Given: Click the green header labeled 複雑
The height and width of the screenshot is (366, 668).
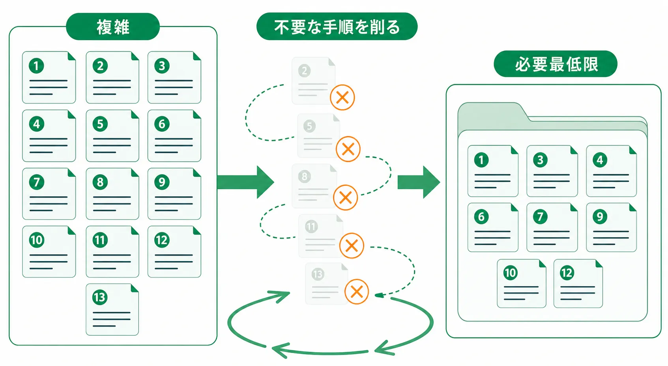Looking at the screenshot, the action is click(x=113, y=26).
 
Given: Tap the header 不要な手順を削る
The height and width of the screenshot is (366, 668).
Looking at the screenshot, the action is click(x=337, y=26).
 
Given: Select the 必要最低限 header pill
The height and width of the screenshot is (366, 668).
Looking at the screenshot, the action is click(x=556, y=64).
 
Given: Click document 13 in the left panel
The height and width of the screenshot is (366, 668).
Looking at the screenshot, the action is click(x=112, y=309).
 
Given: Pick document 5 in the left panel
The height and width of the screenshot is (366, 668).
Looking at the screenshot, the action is click(x=112, y=136).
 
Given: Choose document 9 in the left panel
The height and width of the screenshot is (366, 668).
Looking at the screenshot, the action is click(x=174, y=194).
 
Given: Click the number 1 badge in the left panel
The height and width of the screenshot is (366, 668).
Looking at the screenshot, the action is click(x=36, y=66).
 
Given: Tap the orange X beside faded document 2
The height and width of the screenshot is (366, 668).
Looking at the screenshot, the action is click(x=342, y=97).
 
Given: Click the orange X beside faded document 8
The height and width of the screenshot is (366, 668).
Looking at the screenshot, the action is click(x=345, y=197).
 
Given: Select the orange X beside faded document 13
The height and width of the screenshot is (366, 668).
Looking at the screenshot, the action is click(x=357, y=292).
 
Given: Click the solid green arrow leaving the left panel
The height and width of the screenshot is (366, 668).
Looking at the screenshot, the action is click(x=245, y=182).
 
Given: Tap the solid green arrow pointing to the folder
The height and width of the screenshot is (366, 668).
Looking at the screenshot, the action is click(x=419, y=182).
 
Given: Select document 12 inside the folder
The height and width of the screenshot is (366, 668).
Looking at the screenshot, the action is click(x=578, y=284).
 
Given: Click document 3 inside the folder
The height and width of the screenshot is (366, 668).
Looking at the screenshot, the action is click(x=552, y=171).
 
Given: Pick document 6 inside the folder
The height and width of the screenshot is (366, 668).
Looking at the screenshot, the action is click(x=493, y=228).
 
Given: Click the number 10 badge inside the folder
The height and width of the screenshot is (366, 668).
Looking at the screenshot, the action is click(x=510, y=273).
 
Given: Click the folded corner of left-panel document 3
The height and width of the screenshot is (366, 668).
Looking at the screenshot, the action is click(x=197, y=56).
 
